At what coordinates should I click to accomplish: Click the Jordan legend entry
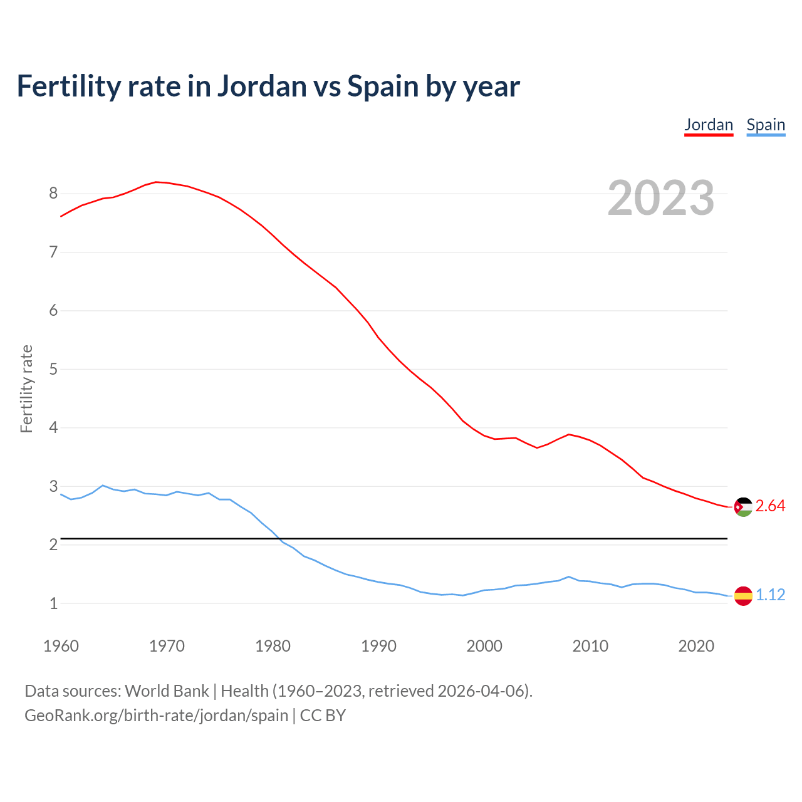tap(708, 125)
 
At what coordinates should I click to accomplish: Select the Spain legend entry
tap(766, 125)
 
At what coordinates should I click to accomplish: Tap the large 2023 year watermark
tap(660, 198)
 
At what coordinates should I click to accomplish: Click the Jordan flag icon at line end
tap(743, 507)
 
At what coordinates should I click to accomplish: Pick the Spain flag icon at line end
tap(743, 595)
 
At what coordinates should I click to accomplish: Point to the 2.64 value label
tap(770, 506)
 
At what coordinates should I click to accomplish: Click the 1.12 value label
tap(770, 595)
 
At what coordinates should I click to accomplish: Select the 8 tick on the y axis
tap(53, 194)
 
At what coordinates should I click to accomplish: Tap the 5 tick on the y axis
tap(53, 370)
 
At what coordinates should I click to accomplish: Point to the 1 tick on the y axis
tap(53, 604)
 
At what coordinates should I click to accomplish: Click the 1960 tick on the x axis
tap(61, 646)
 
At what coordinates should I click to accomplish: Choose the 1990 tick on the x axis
tap(378, 646)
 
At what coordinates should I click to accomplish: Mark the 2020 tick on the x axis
tap(696, 646)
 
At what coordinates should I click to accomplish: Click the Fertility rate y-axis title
tap(26, 388)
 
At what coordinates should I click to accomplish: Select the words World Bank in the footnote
tap(167, 691)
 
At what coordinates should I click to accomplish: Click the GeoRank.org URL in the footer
tap(156, 716)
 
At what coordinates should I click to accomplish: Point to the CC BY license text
tap(323, 716)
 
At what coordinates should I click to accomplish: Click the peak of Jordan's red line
tap(157, 182)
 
